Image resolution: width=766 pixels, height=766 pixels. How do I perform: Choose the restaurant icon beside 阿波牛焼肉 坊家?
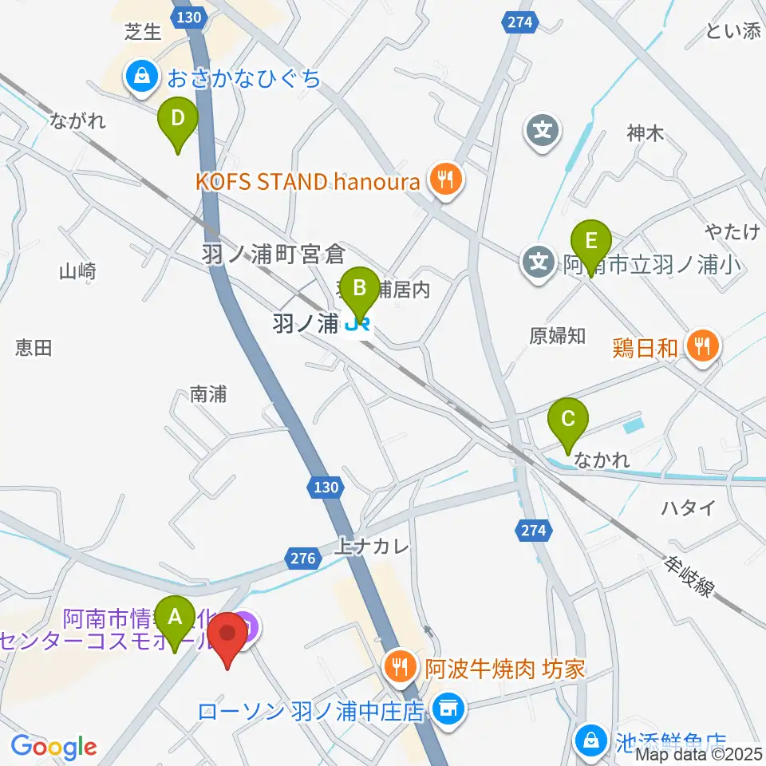[398, 665]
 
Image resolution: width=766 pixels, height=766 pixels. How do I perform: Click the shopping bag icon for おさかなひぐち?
[140, 77]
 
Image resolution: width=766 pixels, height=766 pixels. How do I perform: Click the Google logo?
[53, 747]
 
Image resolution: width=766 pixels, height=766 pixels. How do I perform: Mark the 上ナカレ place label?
[373, 547]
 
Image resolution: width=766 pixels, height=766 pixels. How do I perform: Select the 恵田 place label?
[34, 347]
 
